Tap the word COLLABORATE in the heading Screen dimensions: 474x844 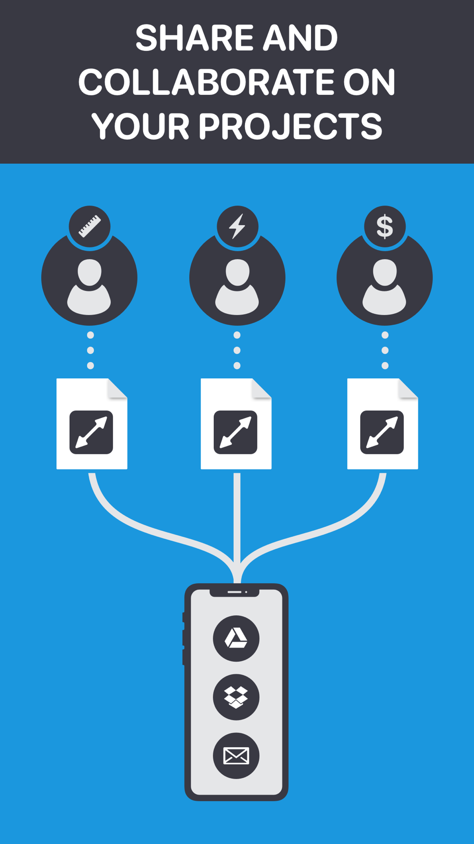pyautogui.click(x=207, y=82)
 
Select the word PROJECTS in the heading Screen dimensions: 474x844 pyautogui.click(x=290, y=126)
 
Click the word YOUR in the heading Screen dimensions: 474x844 pyautogui.click(x=140, y=126)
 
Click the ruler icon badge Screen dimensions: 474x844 pyautogui.click(x=90, y=226)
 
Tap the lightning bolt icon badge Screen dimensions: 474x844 pyautogui.click(x=237, y=226)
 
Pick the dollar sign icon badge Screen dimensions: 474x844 pyautogui.click(x=385, y=226)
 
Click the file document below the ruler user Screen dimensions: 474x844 pyautogui.click(x=92, y=424)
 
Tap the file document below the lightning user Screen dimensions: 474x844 pyautogui.click(x=236, y=424)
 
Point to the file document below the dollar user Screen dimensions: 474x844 pyautogui.click(x=383, y=424)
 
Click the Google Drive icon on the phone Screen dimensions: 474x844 pyautogui.click(x=236, y=638)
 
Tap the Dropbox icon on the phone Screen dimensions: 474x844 pyautogui.click(x=236, y=697)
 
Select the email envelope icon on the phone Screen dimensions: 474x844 pyautogui.click(x=236, y=756)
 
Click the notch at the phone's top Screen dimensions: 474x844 pyautogui.click(x=235, y=592)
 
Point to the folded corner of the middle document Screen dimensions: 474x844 pyautogui.click(x=261, y=388)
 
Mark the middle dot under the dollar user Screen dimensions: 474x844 pyautogui.click(x=385, y=350)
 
